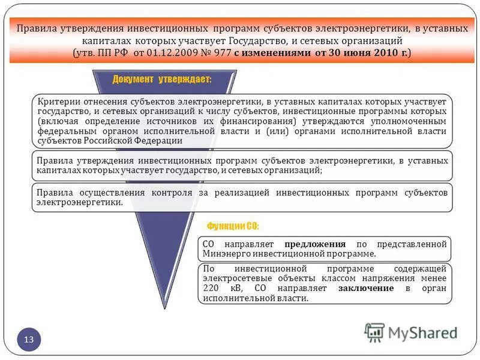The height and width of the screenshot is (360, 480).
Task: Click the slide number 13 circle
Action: [29, 340]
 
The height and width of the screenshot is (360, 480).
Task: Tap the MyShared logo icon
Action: [374, 332]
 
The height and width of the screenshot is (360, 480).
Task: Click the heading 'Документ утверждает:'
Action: [161, 80]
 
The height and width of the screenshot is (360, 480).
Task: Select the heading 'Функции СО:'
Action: [233, 226]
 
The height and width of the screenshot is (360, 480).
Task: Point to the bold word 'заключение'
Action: [366, 288]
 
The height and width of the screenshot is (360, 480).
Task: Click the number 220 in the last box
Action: [212, 288]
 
